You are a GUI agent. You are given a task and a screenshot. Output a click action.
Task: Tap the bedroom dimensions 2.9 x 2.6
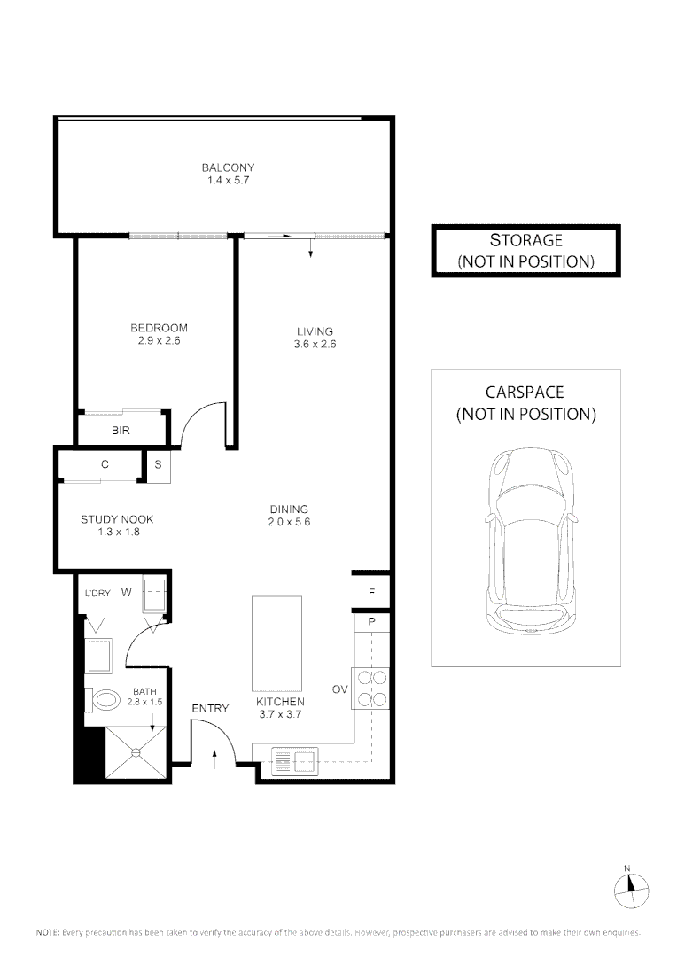[159, 340]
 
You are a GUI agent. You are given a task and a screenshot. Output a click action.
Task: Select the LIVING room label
[315, 331]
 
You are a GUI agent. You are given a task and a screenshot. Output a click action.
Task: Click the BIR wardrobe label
[121, 431]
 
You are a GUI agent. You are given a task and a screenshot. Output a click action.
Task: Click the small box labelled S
[159, 464]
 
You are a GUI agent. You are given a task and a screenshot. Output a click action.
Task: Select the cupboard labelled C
[105, 464]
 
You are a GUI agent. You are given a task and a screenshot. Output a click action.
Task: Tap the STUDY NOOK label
[111, 520]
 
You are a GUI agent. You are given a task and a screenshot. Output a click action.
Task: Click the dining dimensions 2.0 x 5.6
[289, 522]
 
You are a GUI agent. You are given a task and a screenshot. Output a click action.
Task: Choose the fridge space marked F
[372, 591]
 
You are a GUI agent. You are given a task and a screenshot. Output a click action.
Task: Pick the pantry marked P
[372, 622]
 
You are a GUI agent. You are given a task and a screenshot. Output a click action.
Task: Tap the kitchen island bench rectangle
[276, 643]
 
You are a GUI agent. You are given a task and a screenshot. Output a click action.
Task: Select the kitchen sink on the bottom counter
[294, 759]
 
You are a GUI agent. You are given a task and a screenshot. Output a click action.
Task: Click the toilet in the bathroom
[104, 699]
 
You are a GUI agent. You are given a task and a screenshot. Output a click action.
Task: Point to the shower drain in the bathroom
[136, 752]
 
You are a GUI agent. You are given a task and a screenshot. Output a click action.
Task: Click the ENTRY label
[210, 708]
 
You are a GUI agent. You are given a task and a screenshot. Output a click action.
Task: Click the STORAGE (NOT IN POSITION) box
[525, 251]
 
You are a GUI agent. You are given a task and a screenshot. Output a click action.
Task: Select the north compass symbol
[631, 887]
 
